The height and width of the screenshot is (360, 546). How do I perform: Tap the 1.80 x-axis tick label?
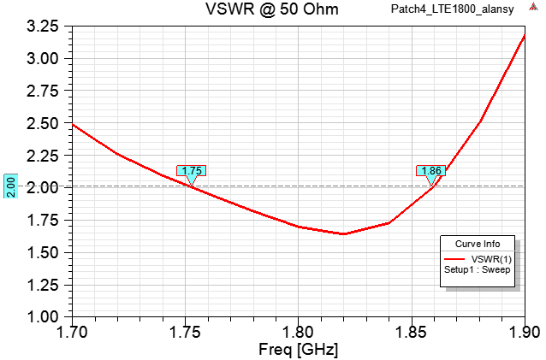pos(298,331)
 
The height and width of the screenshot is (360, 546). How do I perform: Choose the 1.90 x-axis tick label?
pos(523,331)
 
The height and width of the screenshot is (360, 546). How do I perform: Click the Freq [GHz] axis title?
pos(298,349)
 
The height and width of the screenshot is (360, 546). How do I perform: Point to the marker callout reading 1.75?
pos(192,171)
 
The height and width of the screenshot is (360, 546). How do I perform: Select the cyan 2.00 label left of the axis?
pos(10,186)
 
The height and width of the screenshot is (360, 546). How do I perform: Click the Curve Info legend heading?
pos(477,242)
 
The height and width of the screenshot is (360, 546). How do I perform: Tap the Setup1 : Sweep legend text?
pos(477,269)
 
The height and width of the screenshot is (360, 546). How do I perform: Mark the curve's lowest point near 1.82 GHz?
pos(343,233)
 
